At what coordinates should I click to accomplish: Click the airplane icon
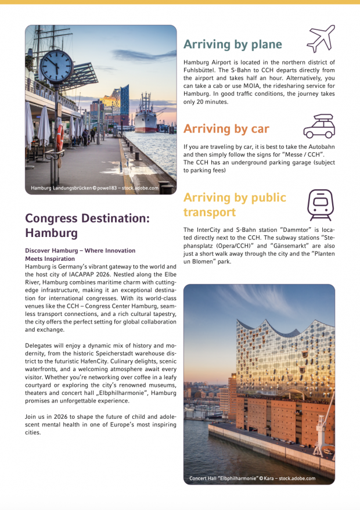pyautogui.click(x=321, y=39)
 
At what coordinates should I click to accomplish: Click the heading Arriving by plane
pyautogui.click(x=232, y=44)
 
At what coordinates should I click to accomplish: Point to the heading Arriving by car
pyautogui.click(x=226, y=128)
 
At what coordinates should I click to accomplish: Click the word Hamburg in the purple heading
pyautogui.click(x=51, y=233)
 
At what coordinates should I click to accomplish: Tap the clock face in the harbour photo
pyautogui.click(x=57, y=67)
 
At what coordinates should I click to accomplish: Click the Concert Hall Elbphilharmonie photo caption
pyautogui.click(x=252, y=478)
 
